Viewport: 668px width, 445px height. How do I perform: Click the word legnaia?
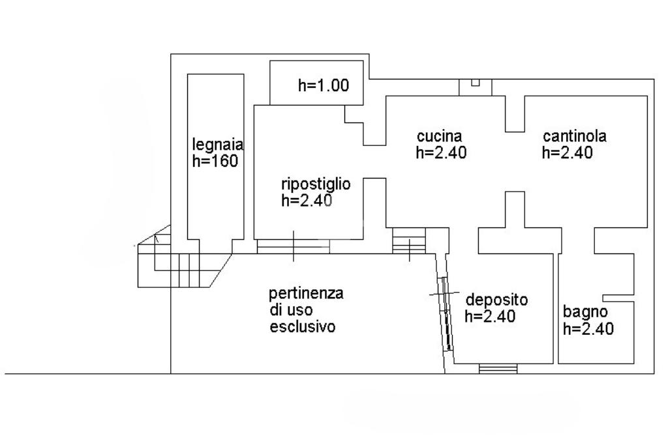[218, 144]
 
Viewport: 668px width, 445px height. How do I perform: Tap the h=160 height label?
[215, 161]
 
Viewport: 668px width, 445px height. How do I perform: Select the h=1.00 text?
[324, 85]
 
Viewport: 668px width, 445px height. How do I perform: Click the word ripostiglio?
[316, 184]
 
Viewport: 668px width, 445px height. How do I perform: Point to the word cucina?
[440, 136]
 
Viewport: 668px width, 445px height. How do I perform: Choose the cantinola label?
[575, 136]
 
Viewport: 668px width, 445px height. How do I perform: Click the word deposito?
[496, 300]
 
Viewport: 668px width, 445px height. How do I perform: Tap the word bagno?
[585, 311]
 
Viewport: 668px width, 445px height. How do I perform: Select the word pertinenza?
[306, 293]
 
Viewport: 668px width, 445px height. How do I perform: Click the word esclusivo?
[303, 326]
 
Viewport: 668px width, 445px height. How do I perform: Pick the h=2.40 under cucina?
[442, 152]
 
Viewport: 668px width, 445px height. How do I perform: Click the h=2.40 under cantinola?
[567, 152]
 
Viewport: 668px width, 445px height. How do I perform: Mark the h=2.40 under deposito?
[490, 317]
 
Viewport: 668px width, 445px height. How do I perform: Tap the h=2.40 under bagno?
[588, 329]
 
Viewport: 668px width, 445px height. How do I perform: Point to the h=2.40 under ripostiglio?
[307, 201]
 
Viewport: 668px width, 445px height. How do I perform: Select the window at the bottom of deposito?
[498, 369]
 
